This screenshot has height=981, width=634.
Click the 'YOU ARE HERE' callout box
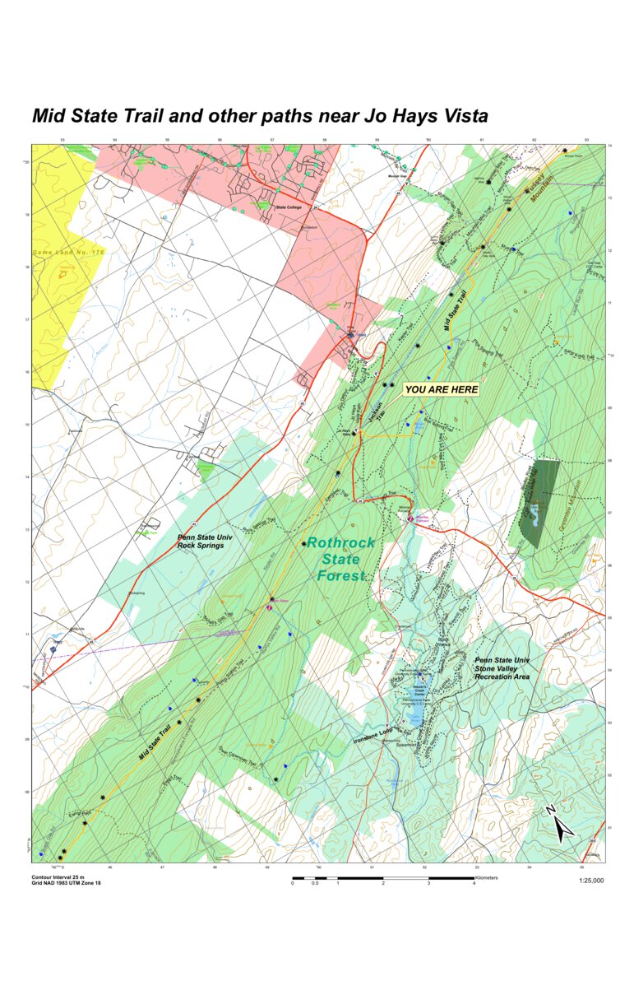coord(442,389)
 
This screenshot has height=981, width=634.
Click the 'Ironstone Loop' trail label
coord(375,739)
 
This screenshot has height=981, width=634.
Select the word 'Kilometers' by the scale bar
coord(486,877)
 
